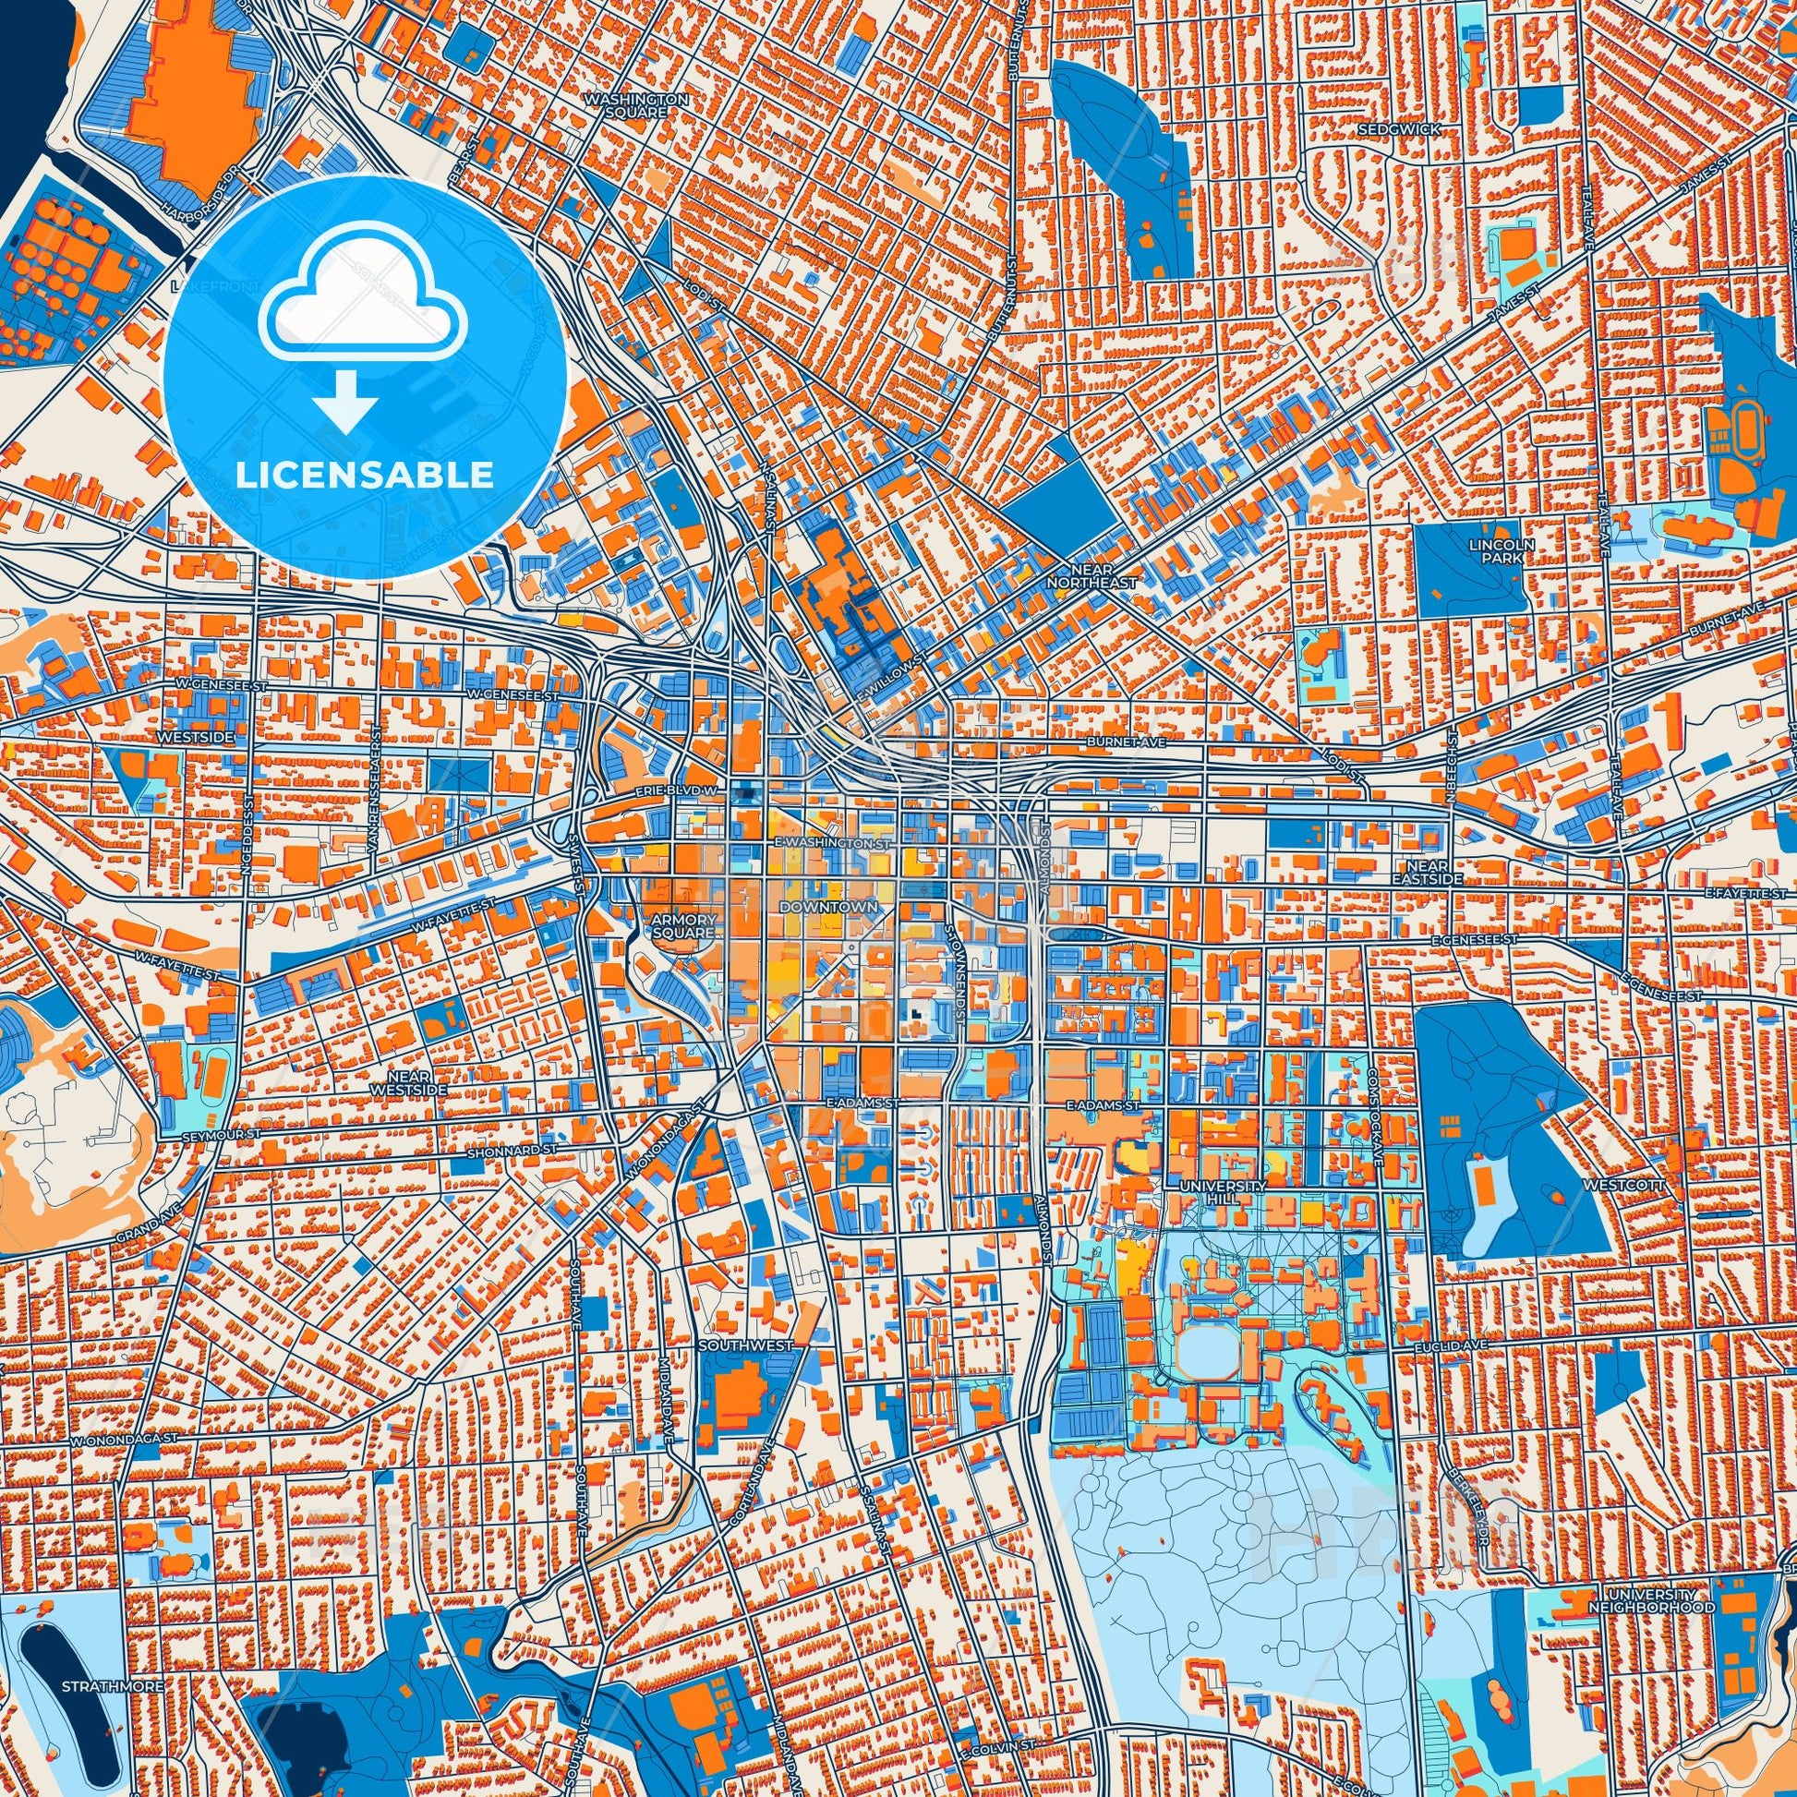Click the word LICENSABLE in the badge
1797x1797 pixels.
pos(365,476)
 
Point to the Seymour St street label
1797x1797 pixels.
pos(217,1136)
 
